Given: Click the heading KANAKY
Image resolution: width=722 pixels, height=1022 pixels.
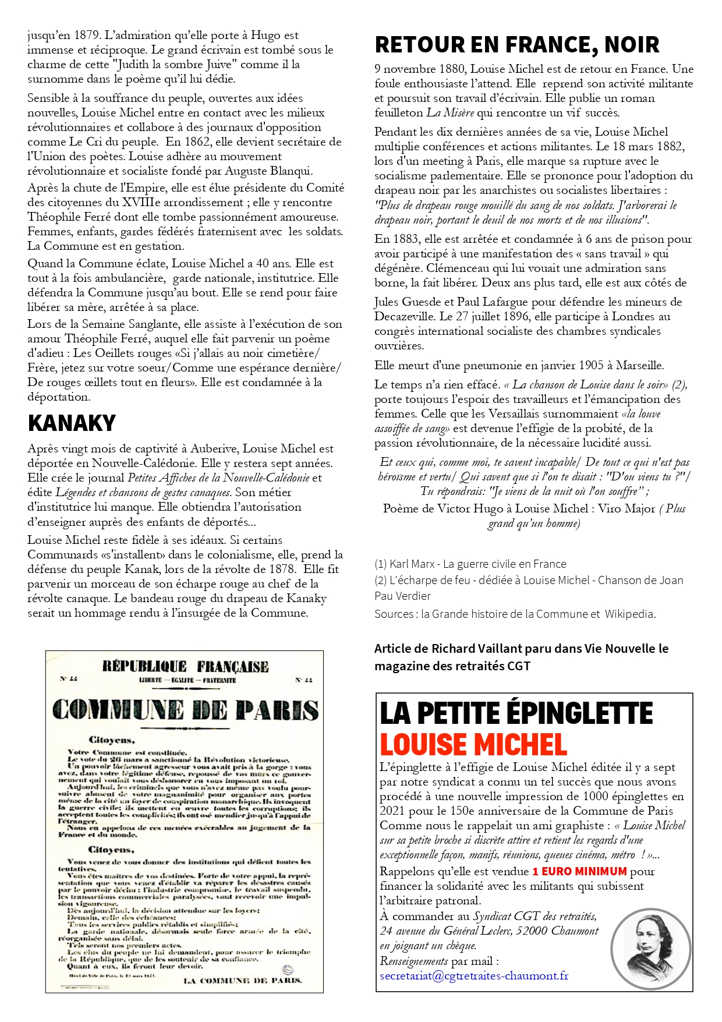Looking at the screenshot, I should click(x=72, y=423).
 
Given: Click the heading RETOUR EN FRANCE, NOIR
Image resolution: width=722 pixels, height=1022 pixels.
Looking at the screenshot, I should click(x=517, y=45).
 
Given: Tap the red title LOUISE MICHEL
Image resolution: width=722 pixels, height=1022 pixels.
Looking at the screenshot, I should click(x=473, y=745).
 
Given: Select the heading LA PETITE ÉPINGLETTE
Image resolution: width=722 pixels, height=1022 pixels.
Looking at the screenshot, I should click(x=516, y=713).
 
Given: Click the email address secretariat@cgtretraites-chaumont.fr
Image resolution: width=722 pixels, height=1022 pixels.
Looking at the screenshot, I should click(x=474, y=975).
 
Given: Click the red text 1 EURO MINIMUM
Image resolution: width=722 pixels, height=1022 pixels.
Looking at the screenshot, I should click(x=579, y=871).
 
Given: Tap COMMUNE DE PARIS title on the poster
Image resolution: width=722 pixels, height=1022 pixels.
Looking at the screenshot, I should click(x=185, y=710).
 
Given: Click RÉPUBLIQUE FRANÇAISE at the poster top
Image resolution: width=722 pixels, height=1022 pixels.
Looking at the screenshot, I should click(x=185, y=667).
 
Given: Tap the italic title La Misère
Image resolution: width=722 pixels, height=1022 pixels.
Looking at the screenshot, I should click(x=451, y=112).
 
